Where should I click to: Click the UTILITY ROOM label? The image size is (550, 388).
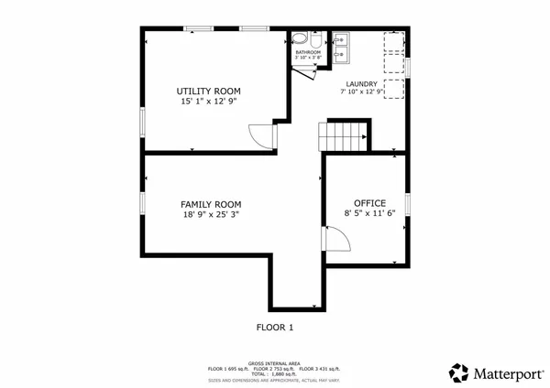[x=208, y=91]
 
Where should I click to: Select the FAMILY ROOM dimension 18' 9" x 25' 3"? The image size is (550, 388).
[x=211, y=215]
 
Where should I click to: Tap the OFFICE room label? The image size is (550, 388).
[x=369, y=202]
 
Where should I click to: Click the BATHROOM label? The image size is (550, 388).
[x=308, y=52]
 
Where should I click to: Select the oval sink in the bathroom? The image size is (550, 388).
[x=314, y=41]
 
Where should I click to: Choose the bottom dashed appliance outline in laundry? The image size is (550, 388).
[x=392, y=89]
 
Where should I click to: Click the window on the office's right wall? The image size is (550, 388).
[x=406, y=204]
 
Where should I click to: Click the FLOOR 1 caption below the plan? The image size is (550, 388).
[x=274, y=326]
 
